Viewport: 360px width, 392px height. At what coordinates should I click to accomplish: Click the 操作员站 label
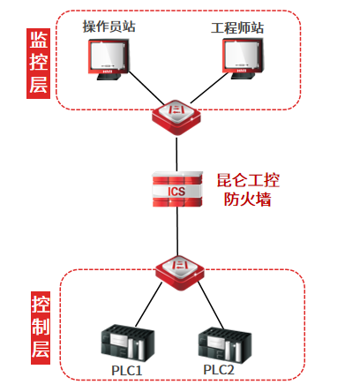(109, 26)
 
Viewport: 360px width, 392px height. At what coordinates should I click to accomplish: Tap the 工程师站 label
(237, 28)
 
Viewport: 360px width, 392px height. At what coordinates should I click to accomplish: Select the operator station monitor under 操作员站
(109, 59)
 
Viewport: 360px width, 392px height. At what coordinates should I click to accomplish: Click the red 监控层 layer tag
(39, 64)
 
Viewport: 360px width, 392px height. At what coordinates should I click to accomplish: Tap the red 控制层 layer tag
(41, 328)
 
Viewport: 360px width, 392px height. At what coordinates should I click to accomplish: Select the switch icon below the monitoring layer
(176, 117)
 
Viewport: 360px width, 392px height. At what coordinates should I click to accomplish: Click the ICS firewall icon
(177, 189)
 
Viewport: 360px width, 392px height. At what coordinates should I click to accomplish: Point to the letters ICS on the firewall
(176, 192)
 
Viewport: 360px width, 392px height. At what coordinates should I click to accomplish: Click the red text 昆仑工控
(248, 180)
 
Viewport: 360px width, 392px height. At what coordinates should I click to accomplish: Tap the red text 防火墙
(247, 200)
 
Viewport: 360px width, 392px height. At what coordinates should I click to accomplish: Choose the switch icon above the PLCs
(180, 273)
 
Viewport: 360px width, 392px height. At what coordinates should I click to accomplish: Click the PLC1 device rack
(127, 343)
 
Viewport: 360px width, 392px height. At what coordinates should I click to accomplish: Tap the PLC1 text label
(127, 370)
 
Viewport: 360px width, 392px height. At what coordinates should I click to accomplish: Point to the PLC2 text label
(219, 370)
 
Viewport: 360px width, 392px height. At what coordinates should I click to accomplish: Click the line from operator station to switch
(146, 88)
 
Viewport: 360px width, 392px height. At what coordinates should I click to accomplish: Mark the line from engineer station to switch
(209, 88)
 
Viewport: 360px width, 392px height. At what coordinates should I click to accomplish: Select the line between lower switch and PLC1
(148, 305)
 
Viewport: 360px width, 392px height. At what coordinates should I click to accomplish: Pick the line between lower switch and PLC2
(211, 305)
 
